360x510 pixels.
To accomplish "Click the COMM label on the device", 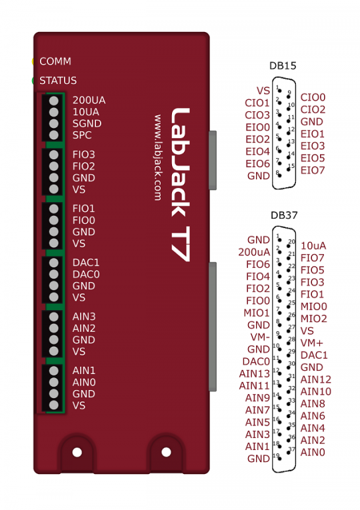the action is [55, 61].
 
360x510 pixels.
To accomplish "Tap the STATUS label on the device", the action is [58, 81].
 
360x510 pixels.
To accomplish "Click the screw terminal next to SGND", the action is [53, 123].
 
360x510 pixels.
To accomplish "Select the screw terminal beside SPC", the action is [53, 135].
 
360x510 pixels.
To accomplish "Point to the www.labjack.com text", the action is [158, 157].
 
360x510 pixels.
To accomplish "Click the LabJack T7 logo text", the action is [180, 185].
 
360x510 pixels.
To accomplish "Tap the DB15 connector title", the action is [283, 66].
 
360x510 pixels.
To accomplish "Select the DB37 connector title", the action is [284, 215].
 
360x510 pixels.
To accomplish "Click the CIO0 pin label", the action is [313, 97].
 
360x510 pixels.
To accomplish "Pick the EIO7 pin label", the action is [313, 170].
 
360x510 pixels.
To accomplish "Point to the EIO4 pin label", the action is [257, 151].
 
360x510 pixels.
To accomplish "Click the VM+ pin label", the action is [312, 343].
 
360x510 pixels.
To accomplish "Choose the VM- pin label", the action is [260, 337].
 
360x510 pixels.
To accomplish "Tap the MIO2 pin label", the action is [314, 319].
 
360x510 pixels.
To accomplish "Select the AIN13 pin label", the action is [254, 374].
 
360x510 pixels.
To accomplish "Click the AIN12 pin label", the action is [316, 379].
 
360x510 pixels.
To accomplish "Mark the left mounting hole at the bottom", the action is [77, 452].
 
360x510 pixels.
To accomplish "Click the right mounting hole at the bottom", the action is [166, 452].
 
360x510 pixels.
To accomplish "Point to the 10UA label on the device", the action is [86, 112].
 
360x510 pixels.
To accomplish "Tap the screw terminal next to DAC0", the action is [53, 274].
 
